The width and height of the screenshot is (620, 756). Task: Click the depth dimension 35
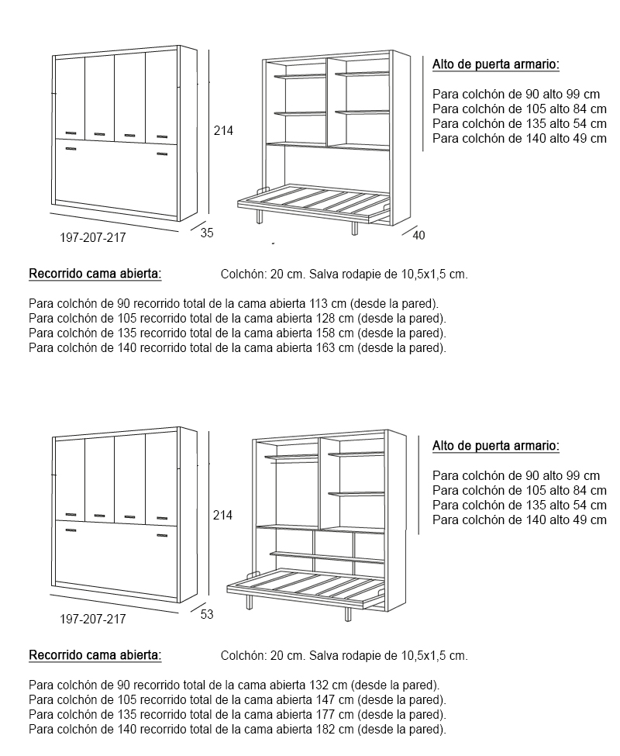(x=207, y=233)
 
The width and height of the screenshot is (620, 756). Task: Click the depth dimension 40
(x=418, y=235)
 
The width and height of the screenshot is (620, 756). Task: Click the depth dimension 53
(x=207, y=614)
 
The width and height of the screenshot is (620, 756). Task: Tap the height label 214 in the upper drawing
(x=223, y=130)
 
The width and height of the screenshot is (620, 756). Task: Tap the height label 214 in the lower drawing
(x=223, y=514)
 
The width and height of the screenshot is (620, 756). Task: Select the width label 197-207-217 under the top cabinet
(x=93, y=238)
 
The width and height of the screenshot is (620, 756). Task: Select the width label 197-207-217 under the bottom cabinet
(x=93, y=620)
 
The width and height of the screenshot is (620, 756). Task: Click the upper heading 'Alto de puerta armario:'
(x=496, y=64)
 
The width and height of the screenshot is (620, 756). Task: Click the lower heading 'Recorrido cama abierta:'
(x=95, y=655)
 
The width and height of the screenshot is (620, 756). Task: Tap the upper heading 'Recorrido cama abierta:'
(x=95, y=274)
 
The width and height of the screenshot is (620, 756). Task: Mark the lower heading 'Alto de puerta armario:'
(x=496, y=446)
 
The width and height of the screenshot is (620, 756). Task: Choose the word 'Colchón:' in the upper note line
(x=243, y=274)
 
